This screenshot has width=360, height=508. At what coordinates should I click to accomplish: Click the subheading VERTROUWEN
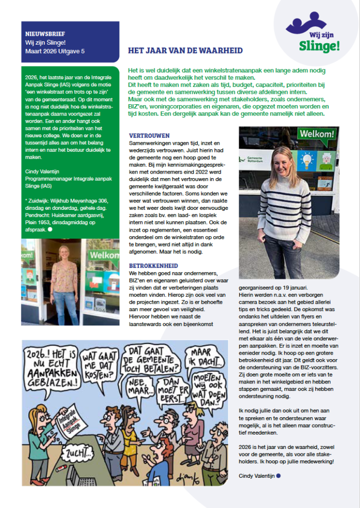pos(149,135)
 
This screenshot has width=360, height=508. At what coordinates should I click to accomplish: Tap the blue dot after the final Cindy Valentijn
pos(279,476)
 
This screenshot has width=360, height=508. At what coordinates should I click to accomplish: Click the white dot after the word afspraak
pos(50,229)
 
